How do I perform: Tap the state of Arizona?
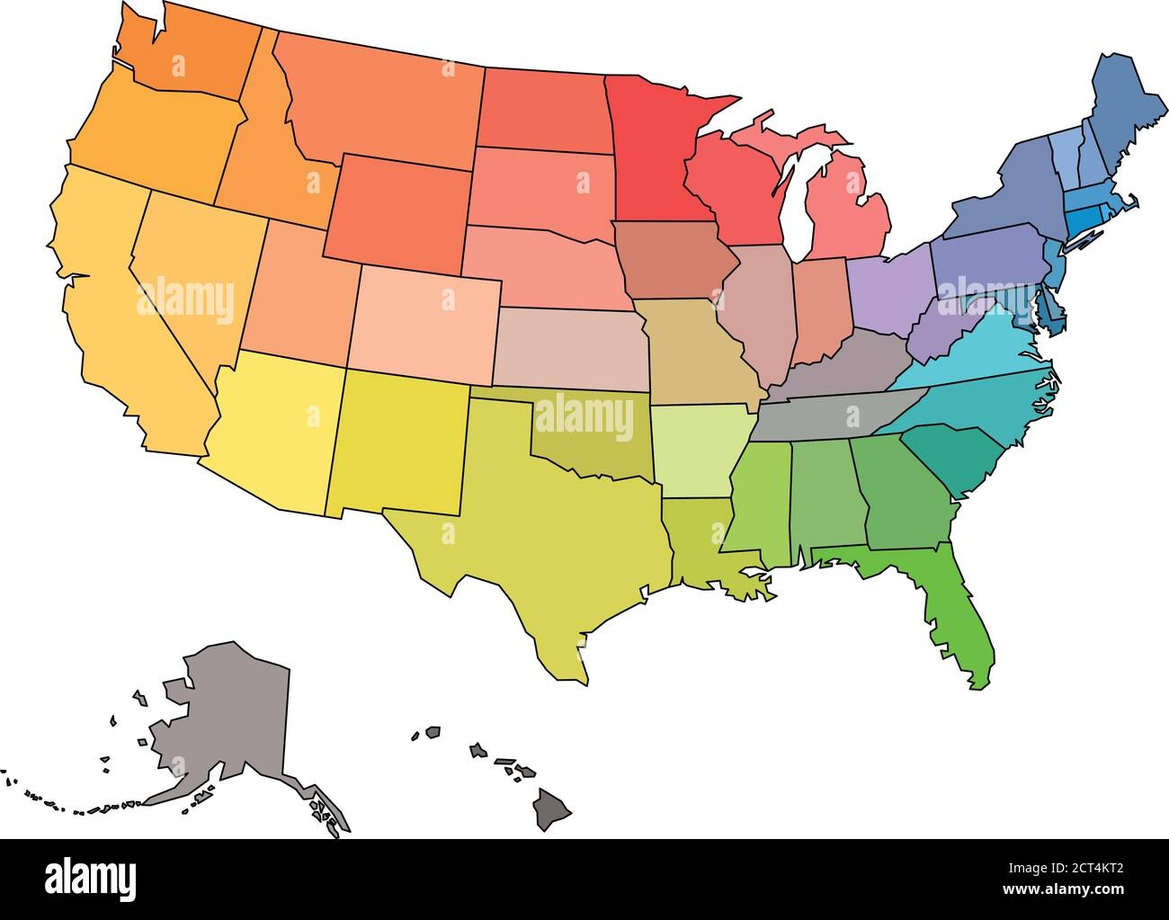[270, 432]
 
